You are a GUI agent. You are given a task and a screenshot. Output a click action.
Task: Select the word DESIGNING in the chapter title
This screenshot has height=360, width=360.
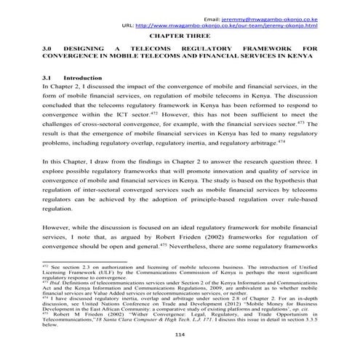(x=89, y=49)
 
